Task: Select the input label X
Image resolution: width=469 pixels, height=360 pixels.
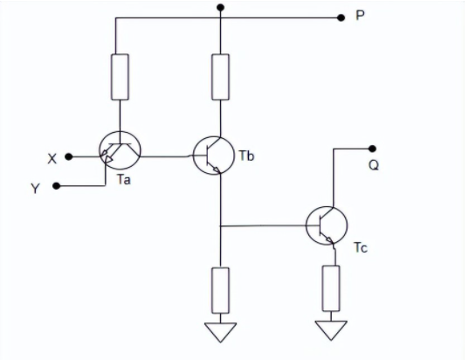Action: [x=52, y=158]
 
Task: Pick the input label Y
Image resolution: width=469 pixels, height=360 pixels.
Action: [x=36, y=187]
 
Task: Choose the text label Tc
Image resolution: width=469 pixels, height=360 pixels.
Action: [x=359, y=249]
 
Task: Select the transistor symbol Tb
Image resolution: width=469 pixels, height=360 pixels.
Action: [x=214, y=156]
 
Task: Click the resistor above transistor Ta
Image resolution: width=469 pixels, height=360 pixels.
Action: [x=120, y=76]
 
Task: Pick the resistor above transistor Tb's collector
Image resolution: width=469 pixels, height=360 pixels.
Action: [x=221, y=76]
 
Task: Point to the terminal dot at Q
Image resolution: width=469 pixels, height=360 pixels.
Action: [x=373, y=148]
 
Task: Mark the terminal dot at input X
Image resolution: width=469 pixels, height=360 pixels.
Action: [x=69, y=157]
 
